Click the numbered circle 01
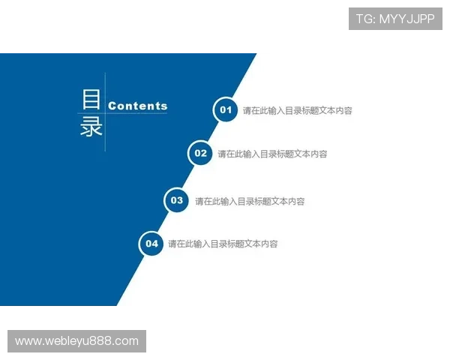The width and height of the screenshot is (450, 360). click(225, 110)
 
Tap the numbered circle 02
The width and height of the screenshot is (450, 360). click(200, 154)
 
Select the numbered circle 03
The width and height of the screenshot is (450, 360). click(177, 200)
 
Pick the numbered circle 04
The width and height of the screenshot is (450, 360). click(151, 244)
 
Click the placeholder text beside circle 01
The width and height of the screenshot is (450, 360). click(297, 111)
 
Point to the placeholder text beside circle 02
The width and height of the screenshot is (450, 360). click(272, 154)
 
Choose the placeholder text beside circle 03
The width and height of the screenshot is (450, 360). click(250, 201)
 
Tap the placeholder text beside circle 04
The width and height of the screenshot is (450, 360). click(223, 244)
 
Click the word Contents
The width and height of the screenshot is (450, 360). click(138, 106)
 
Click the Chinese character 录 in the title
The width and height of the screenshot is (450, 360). click(91, 126)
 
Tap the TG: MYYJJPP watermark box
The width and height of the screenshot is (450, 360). click(395, 19)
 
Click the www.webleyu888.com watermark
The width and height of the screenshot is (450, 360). click(77, 341)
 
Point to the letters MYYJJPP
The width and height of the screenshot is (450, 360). click(406, 19)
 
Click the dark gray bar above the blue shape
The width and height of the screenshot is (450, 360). click(128, 51)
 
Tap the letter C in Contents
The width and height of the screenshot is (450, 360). click(112, 106)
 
